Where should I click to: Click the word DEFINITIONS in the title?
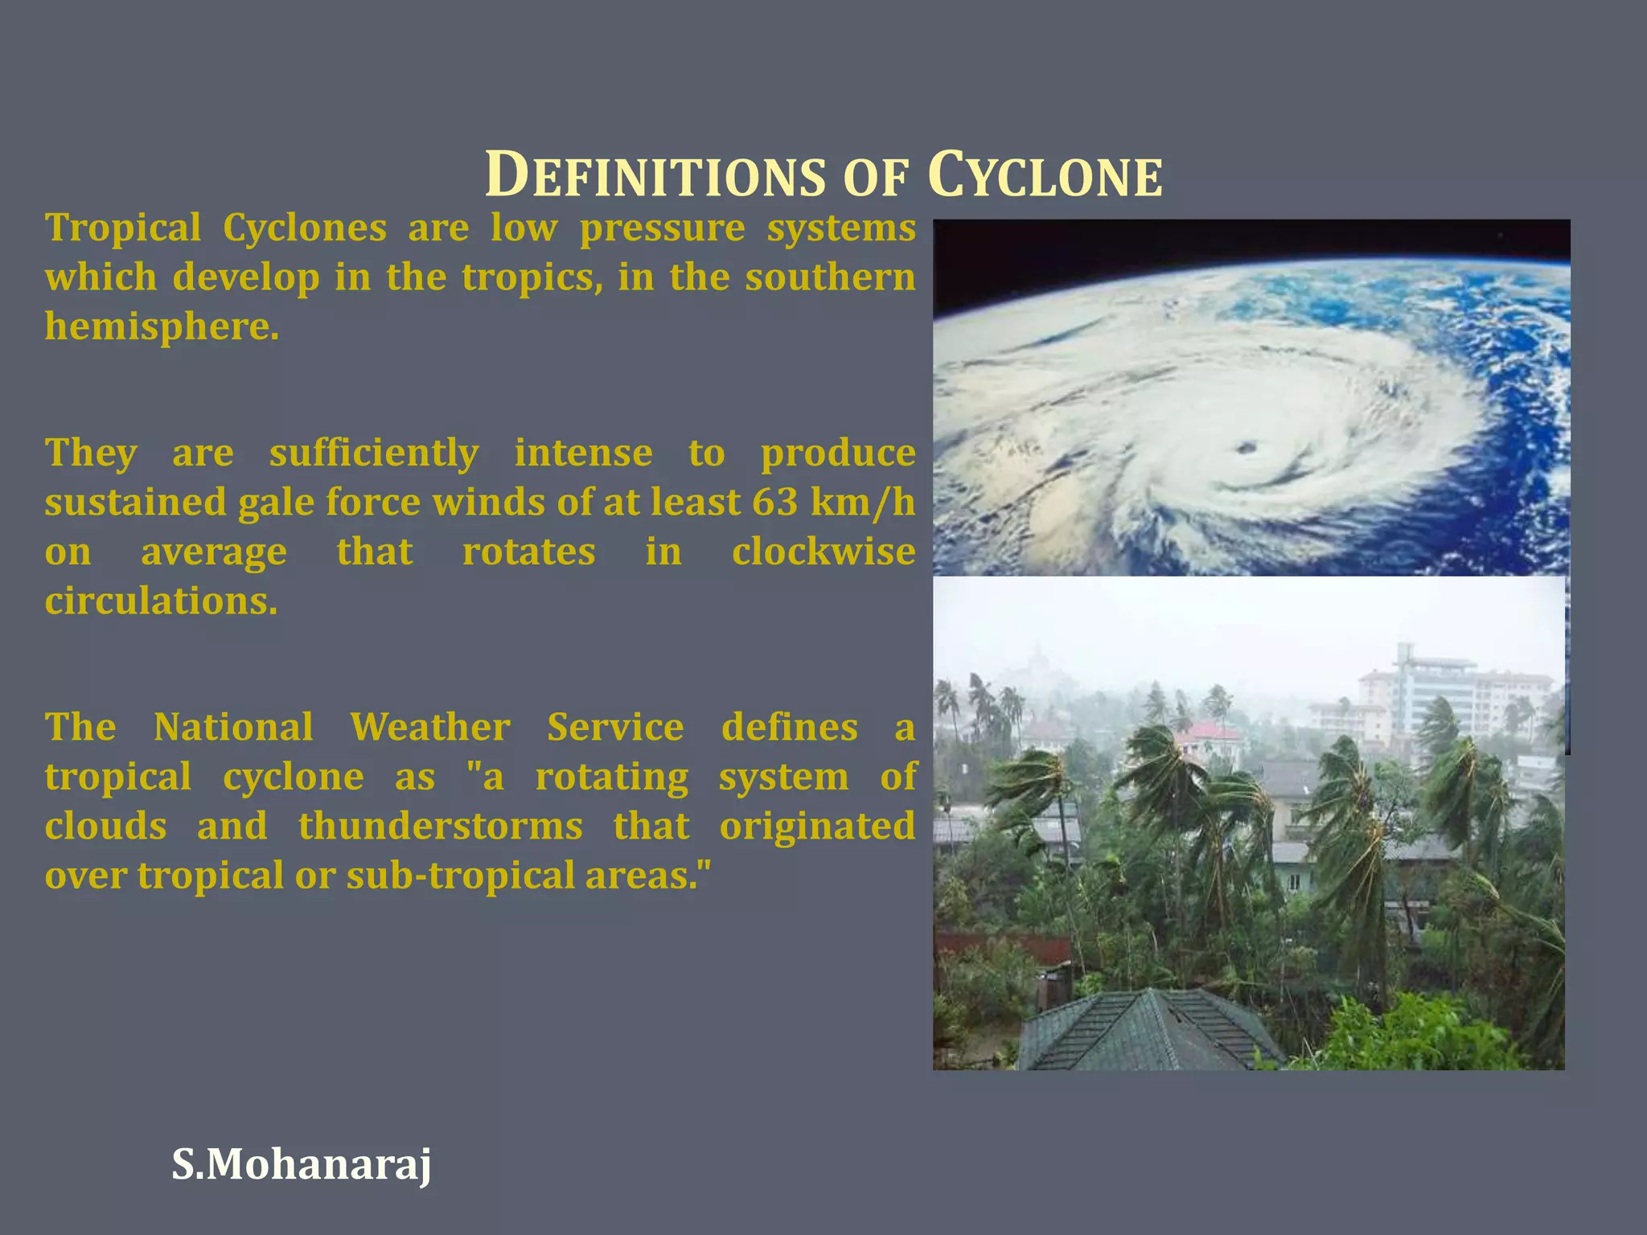655,175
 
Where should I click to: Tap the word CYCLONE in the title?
1045,175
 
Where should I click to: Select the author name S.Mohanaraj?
302,1164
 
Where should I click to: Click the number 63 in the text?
774,503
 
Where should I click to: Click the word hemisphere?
161,327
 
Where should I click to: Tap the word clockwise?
823,552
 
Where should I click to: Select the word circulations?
161,601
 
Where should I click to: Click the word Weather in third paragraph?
429,728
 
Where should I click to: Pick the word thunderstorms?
440,827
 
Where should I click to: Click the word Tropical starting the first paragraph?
123,228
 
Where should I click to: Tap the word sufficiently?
373,453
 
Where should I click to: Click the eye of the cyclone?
1247,447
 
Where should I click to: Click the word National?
233,728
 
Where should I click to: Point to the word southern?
830,277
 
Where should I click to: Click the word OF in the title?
876,178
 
